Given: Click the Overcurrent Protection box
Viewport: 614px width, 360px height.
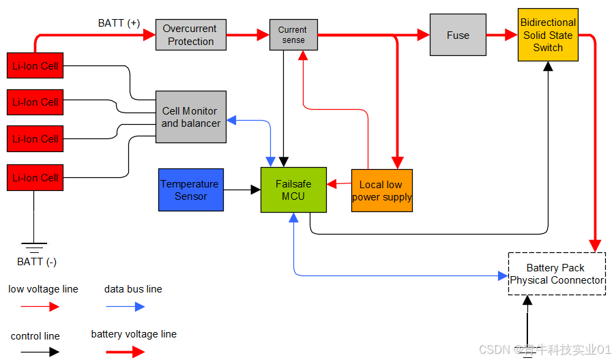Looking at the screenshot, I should click(x=190, y=35).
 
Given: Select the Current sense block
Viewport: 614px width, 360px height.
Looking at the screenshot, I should click(x=293, y=35).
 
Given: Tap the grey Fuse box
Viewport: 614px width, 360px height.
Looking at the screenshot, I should click(x=458, y=35).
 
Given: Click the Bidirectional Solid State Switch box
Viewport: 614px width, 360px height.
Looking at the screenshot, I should click(x=548, y=35).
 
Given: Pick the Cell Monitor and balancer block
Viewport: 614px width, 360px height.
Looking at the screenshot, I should click(x=190, y=117).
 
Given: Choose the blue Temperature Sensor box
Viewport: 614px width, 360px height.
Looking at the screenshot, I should click(x=190, y=190).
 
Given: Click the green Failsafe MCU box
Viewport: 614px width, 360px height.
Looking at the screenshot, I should click(x=293, y=190).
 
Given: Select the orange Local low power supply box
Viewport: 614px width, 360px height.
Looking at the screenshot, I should click(x=381, y=191).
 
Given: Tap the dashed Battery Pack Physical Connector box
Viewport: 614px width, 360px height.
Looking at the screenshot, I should click(x=557, y=274).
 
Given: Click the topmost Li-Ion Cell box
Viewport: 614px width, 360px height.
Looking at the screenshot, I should click(x=35, y=66).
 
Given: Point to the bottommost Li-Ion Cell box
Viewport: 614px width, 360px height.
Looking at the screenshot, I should click(x=35, y=177).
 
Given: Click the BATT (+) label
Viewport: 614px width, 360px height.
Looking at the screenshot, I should click(x=119, y=23).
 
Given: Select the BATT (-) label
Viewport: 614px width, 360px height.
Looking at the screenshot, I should click(x=34, y=262).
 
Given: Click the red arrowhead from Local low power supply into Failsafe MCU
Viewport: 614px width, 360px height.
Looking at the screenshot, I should click(x=332, y=184).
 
